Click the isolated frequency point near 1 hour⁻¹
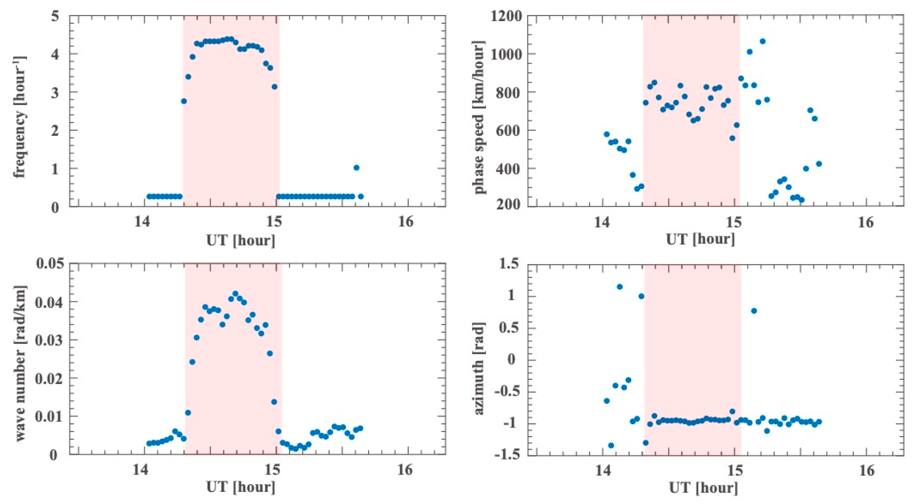(x=356, y=168)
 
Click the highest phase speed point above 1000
(x=762, y=42)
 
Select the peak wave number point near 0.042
(x=235, y=293)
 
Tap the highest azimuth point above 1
(x=620, y=287)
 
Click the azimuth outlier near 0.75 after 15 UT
(x=754, y=311)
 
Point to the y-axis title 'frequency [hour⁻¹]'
(x=20, y=112)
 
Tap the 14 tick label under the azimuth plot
(x=602, y=470)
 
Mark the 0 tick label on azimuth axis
(x=511, y=360)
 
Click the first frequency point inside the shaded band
(x=184, y=101)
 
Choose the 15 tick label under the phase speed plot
(x=733, y=222)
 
